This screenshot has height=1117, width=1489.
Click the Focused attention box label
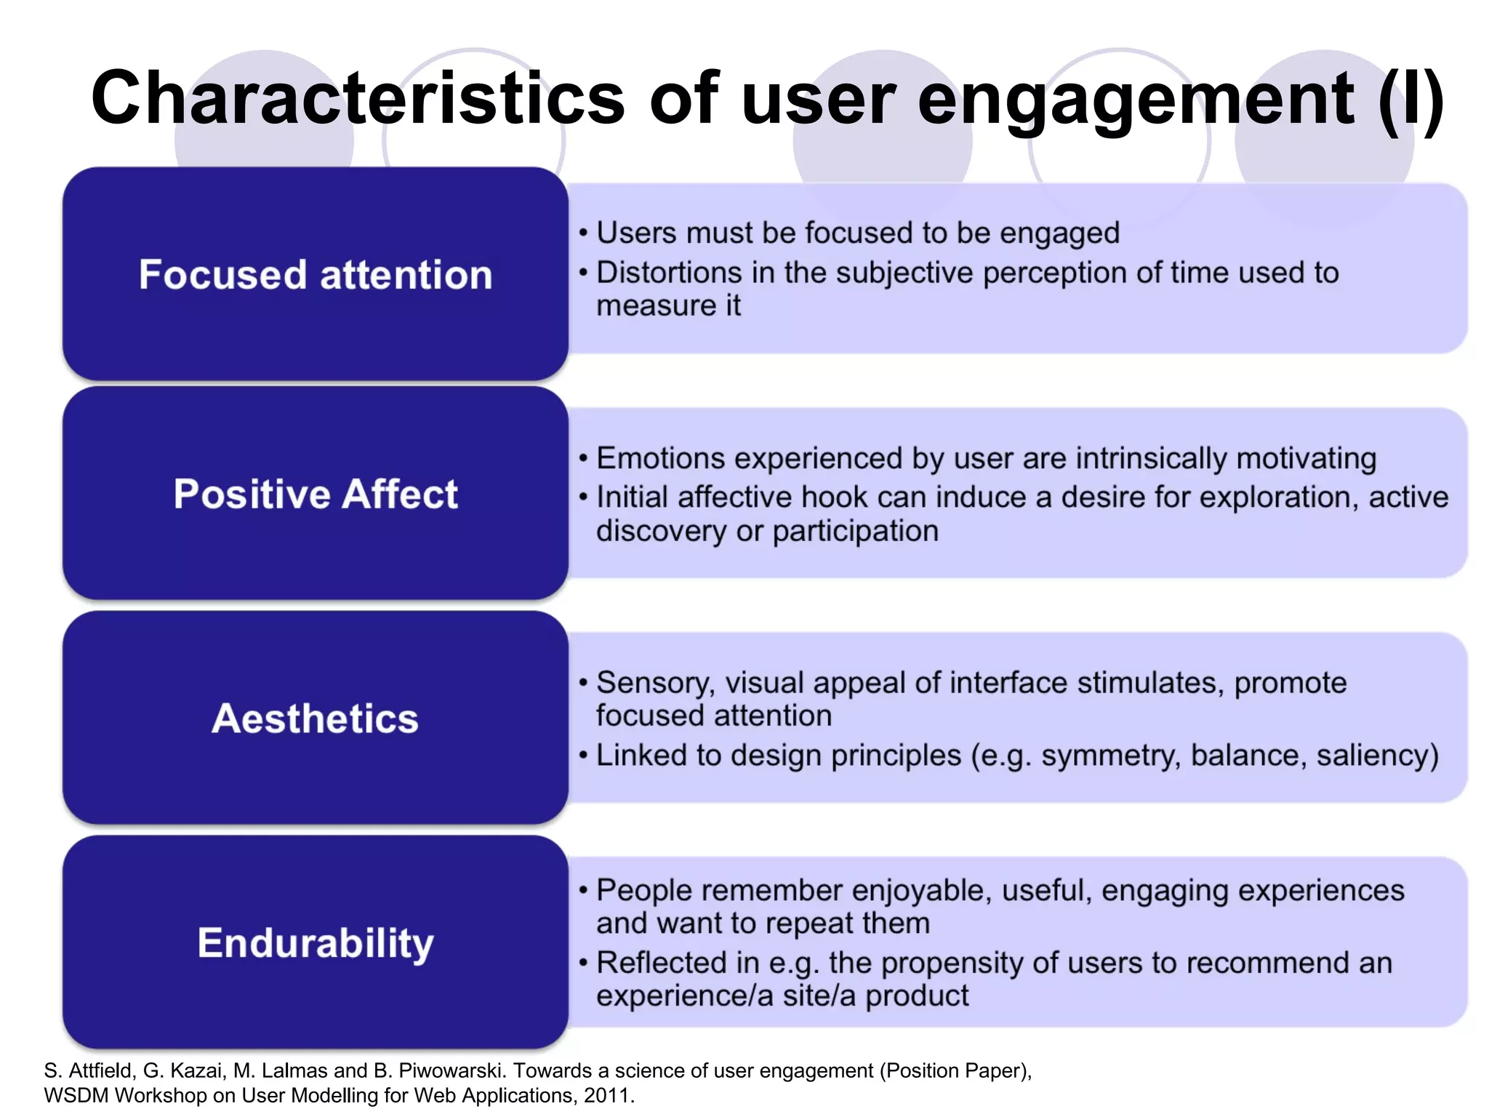point(316,275)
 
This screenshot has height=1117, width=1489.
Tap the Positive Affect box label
point(316,495)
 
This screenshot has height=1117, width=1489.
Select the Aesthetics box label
point(316,718)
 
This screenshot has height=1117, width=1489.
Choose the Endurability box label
point(316,943)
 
